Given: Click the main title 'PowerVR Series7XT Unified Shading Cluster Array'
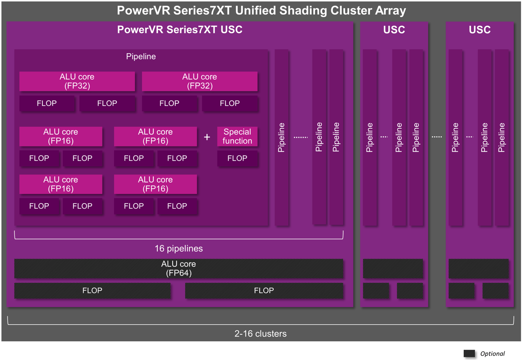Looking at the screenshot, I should pos(261,10).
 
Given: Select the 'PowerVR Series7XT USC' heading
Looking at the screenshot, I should pos(180,30).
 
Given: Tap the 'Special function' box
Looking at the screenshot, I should pos(237,136).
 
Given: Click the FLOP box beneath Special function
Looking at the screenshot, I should pos(237,159).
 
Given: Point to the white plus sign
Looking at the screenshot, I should pos(207,137).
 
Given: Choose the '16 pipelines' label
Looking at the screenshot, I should pos(179,249).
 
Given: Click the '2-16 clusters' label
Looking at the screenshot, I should pos(260,334).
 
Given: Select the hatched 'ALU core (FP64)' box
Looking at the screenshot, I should pos(179,268).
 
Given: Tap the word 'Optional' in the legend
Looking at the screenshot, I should pos(492,353).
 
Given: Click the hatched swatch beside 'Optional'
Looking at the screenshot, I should pos(469,353).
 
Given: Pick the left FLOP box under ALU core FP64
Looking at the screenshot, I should pos(92,291).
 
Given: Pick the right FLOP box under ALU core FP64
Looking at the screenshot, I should pos(264,291).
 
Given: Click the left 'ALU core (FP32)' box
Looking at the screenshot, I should pos(77,82).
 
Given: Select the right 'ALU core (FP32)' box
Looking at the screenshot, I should pos(200,82).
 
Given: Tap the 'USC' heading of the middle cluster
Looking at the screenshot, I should pos(394,30).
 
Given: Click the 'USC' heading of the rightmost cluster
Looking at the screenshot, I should pos(479,30).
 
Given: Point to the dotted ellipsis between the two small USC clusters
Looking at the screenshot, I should pos(437,137).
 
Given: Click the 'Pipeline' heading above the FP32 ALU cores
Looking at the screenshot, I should pos(141,57).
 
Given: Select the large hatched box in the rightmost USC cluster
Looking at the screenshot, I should pos(479,268).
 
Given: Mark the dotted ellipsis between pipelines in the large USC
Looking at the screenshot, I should pos(301,137).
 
